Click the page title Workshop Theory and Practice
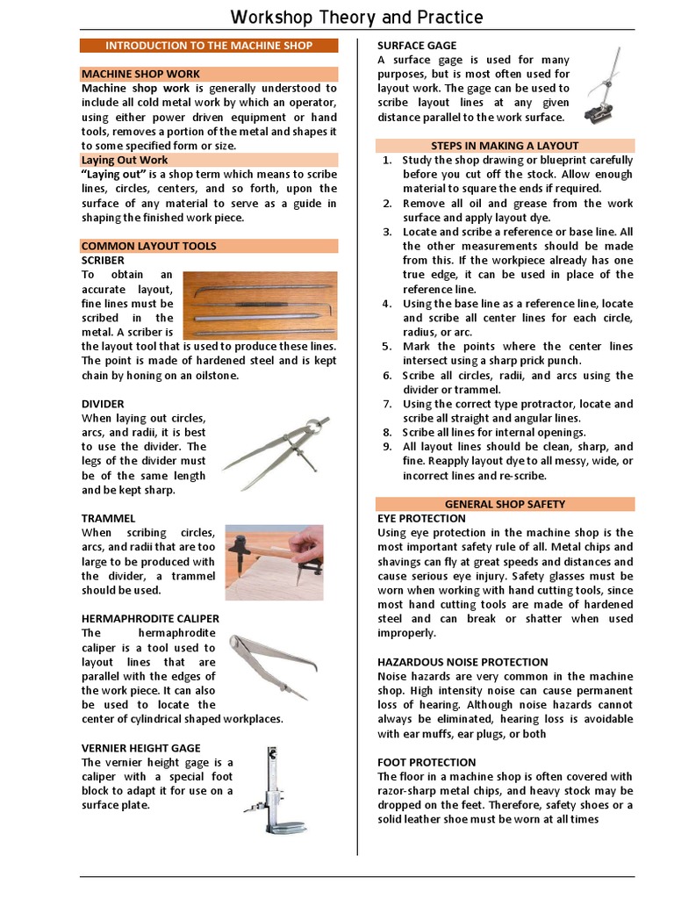[356, 18]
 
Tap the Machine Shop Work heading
[140, 75]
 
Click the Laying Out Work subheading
[125, 160]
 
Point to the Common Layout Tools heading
[148, 246]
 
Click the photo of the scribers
[260, 305]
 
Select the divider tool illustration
[276, 452]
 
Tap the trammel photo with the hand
[274, 562]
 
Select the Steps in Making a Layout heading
[505, 146]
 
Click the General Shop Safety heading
[505, 504]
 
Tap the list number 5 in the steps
[386, 347]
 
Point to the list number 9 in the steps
[386, 447]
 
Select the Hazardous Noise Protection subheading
[462, 662]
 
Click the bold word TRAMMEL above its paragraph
[109, 519]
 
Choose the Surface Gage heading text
[417, 45]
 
